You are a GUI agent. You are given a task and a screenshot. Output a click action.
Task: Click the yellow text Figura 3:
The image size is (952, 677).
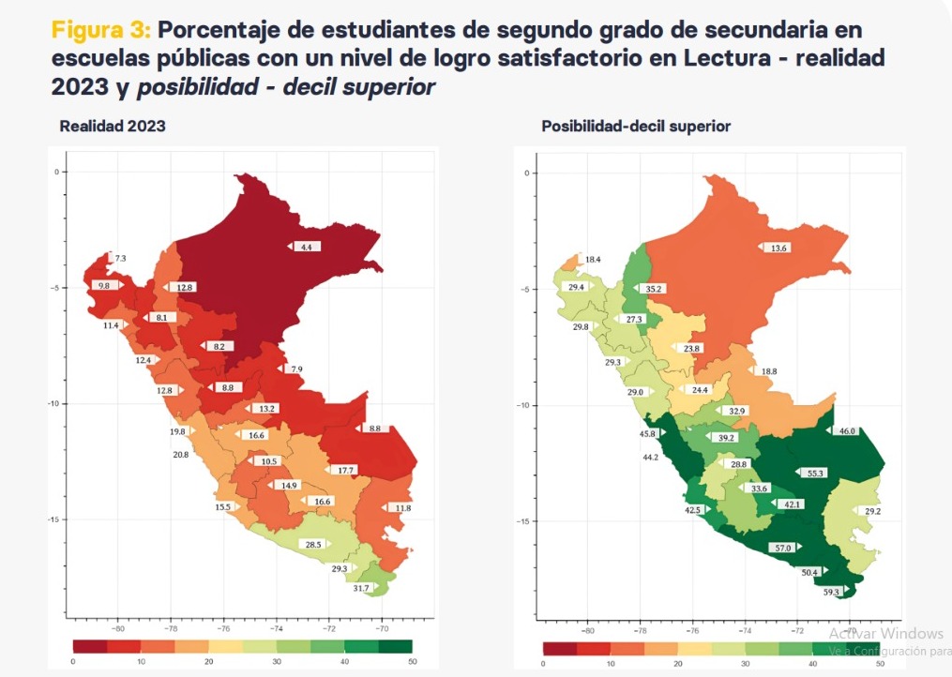pyautogui.click(x=99, y=29)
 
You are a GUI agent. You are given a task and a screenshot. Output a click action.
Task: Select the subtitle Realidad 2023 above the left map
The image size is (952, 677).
pyautogui.click(x=113, y=126)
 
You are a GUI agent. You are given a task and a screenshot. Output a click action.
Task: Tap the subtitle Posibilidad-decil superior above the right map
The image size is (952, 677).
pyautogui.click(x=636, y=126)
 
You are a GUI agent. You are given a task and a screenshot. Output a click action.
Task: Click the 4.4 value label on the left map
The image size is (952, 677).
pyautogui.click(x=306, y=247)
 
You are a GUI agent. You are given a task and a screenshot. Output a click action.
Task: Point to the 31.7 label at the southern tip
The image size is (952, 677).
pyautogui.click(x=361, y=588)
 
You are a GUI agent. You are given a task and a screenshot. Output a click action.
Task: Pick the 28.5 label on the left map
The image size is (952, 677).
pyautogui.click(x=312, y=544)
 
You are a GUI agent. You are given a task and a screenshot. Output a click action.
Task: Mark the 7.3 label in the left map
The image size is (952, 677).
pyautogui.click(x=120, y=257)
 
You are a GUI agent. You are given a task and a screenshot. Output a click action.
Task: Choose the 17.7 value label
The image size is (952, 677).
pyautogui.click(x=344, y=470)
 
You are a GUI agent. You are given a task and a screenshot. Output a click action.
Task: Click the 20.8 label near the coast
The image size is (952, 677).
pyautogui.click(x=180, y=455)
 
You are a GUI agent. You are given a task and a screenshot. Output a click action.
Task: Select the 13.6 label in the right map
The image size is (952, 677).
pyautogui.click(x=778, y=248)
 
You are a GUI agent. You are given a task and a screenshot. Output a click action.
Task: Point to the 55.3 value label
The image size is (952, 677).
pyautogui.click(x=815, y=473)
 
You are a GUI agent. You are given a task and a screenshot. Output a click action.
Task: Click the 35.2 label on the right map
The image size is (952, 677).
pyautogui.click(x=654, y=289)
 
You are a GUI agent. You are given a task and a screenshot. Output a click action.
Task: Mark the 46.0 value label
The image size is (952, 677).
pyautogui.click(x=846, y=431)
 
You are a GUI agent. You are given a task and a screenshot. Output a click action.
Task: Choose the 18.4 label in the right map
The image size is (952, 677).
pyautogui.click(x=593, y=259)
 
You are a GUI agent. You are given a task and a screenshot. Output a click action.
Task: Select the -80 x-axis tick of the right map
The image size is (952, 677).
pyautogui.click(x=587, y=631)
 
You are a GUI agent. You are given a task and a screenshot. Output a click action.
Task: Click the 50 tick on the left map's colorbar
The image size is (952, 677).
pyautogui.click(x=411, y=662)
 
